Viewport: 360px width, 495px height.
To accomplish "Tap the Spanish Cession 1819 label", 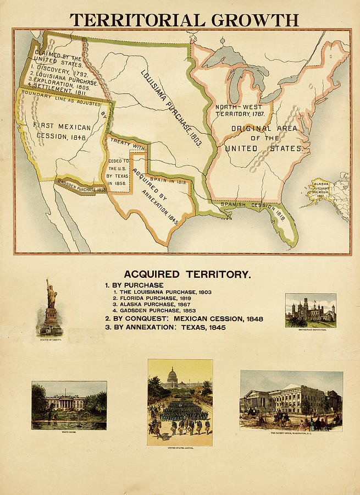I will tap(252, 210).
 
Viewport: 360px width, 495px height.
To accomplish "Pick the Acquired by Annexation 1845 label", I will tap(157, 195).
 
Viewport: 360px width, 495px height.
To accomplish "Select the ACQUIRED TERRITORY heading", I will tap(187, 274).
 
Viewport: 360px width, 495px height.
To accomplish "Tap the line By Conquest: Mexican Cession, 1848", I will tap(184, 318).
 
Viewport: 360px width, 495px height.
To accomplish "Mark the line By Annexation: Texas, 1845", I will tap(165, 327).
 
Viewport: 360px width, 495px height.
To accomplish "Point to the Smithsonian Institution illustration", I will tap(311, 310).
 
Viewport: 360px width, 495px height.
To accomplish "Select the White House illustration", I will tap(69, 405).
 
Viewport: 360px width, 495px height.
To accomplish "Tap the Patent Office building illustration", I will tap(291, 400).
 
